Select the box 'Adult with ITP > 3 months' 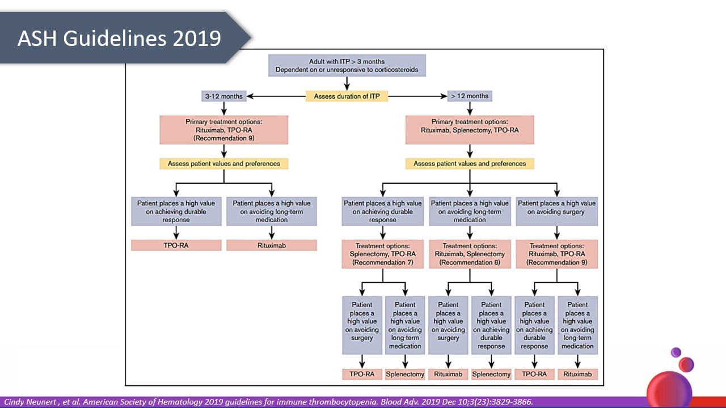click(x=347, y=66)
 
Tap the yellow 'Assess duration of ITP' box click(x=347, y=96)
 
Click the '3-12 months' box click(x=223, y=96)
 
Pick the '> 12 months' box click(x=469, y=96)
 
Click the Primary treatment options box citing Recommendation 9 click(x=224, y=130)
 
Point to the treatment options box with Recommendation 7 click(x=382, y=254)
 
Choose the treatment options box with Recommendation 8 click(x=470, y=254)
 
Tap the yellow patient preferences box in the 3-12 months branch click(x=224, y=164)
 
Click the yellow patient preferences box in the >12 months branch click(x=469, y=164)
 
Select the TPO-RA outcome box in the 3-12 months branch click(x=176, y=245)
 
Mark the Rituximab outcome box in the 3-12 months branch click(x=272, y=245)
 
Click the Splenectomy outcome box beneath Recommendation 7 click(x=405, y=374)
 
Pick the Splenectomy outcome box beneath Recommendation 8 click(x=491, y=374)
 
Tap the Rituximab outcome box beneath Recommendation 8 click(x=448, y=374)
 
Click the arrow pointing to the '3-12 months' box click(x=252, y=96)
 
